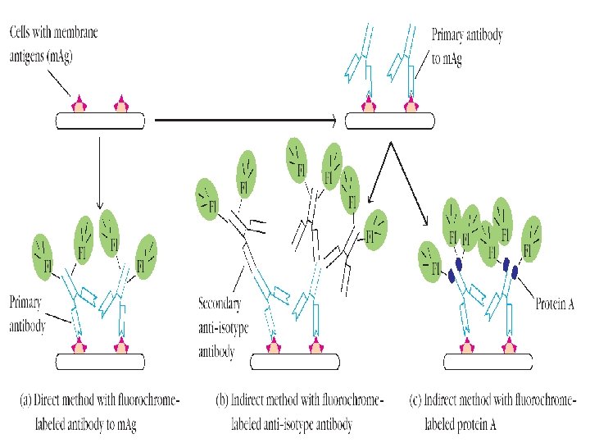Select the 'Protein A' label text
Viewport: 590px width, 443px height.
[x=555, y=304]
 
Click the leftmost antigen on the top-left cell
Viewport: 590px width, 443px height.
[x=79, y=104]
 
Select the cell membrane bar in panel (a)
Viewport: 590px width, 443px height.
[x=100, y=361]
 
